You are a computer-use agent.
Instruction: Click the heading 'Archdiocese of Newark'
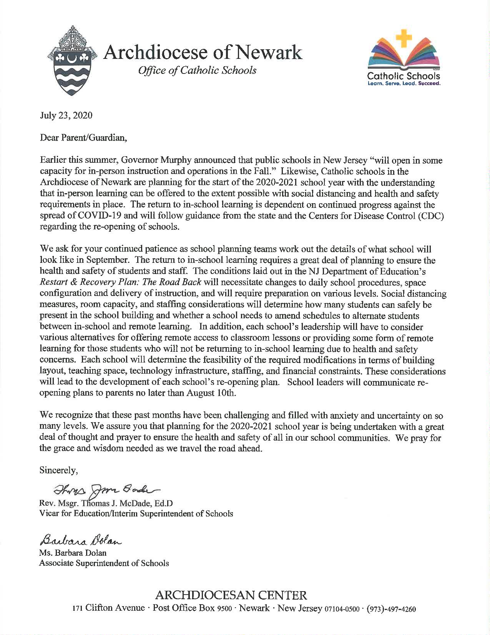point(203,53)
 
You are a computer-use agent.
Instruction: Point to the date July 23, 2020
point(66,115)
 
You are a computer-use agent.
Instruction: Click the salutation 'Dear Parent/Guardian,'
point(83,138)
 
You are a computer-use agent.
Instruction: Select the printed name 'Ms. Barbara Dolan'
point(73,553)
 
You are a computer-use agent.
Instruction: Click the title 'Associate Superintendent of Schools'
point(104,563)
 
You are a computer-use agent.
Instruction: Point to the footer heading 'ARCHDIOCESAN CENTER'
point(231,596)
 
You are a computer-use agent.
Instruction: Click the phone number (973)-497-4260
point(392,609)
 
